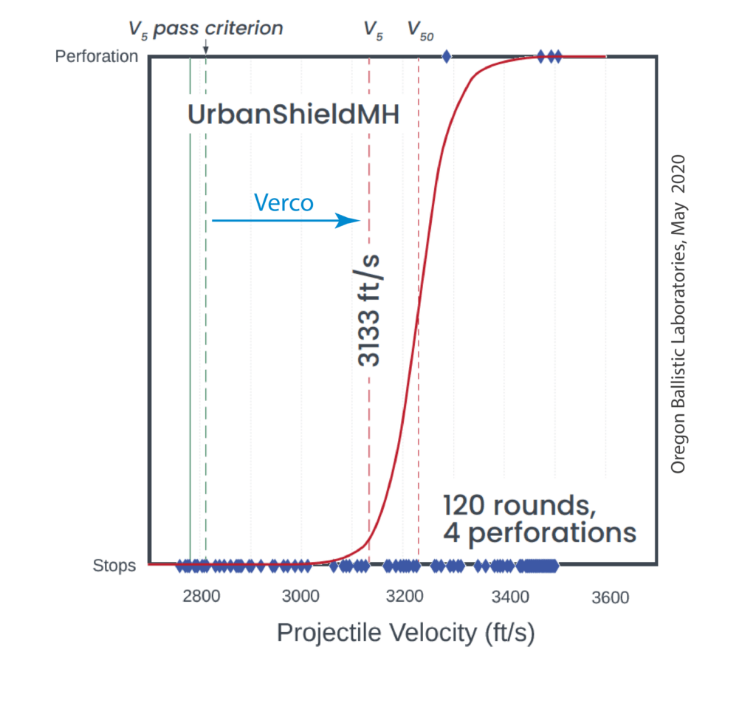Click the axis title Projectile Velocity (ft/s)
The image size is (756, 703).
405,633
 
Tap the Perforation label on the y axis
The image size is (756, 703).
97,56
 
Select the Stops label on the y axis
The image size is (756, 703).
114,566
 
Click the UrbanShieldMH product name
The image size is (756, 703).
293,116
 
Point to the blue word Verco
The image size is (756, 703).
283,202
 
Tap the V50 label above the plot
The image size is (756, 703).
421,30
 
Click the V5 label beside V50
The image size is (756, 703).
374,30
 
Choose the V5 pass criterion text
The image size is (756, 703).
205,29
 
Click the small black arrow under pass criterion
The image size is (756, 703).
206,48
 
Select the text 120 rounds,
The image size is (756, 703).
520,505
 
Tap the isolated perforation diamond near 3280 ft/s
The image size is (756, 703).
446,56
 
